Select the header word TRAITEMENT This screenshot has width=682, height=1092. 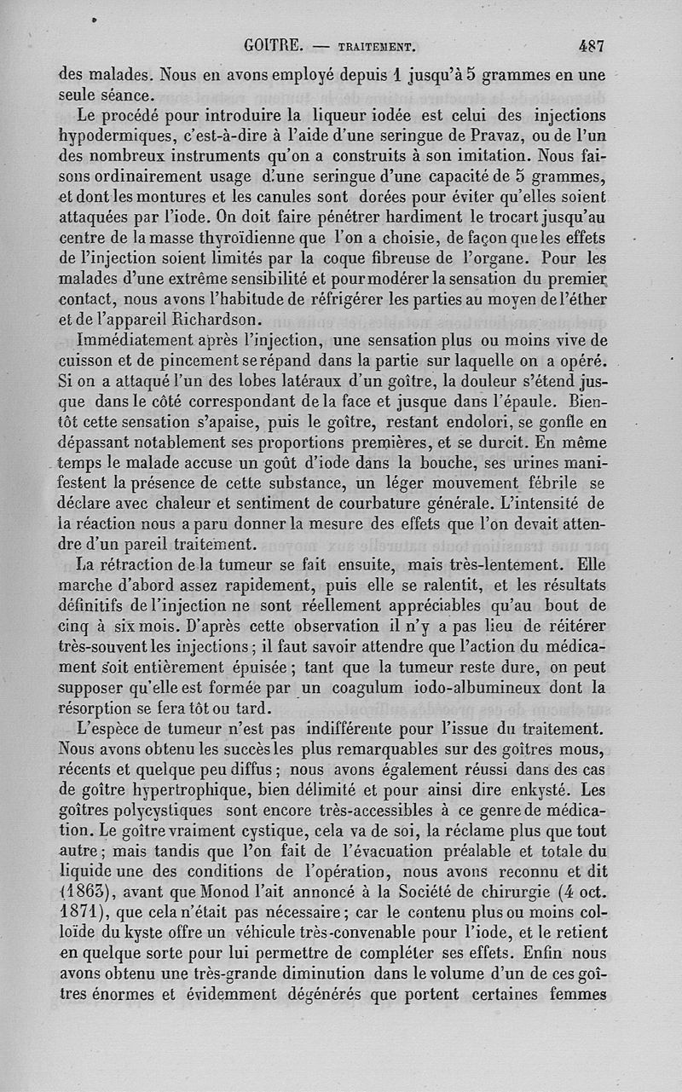click(x=376, y=48)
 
